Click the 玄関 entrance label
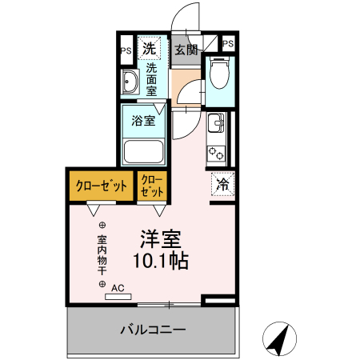(x=187, y=50)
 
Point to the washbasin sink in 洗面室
(x=130, y=81)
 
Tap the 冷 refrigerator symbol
(x=222, y=184)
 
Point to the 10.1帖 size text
(x=160, y=261)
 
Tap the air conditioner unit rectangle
(x=117, y=297)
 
